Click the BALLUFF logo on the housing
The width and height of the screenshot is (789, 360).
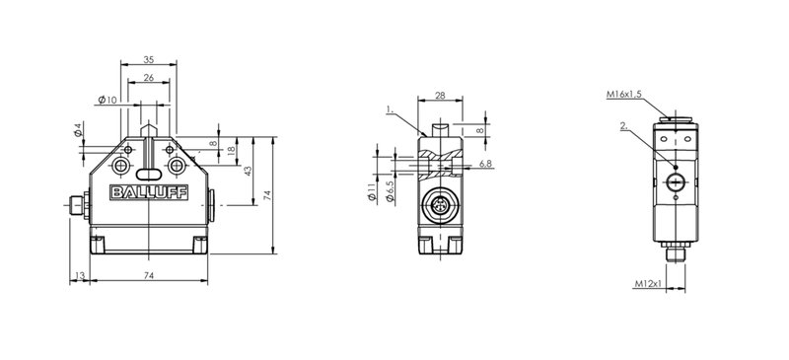[149, 192]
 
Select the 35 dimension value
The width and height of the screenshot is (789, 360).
[149, 59]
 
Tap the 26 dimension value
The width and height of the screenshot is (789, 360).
[149, 78]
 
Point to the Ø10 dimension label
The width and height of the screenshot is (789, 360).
[108, 100]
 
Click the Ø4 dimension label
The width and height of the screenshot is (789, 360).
[78, 129]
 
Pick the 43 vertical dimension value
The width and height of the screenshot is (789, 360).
[248, 171]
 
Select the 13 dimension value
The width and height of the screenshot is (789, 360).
[80, 275]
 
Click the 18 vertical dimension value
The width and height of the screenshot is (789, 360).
[231, 151]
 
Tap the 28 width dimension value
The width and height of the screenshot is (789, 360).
[440, 95]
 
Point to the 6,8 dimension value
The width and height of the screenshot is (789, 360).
[485, 164]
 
